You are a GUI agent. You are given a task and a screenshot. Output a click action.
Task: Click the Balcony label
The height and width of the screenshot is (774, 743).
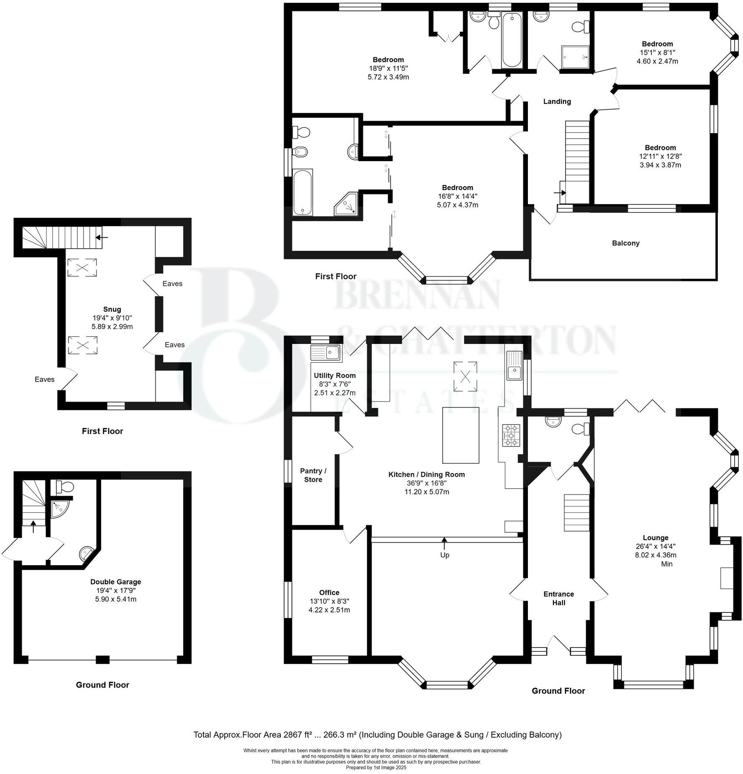[x=625, y=243]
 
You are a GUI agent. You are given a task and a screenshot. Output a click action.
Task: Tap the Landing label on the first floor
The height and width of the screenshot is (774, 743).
[x=557, y=101]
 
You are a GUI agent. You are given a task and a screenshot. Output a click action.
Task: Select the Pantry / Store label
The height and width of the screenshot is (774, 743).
[x=313, y=475]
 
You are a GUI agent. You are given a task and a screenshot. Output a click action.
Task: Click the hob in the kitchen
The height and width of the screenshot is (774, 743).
[x=511, y=435]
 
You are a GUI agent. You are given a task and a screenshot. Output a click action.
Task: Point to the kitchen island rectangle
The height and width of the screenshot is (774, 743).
[x=460, y=435]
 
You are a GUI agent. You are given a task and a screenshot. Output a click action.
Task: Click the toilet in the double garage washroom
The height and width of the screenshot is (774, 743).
[x=65, y=486]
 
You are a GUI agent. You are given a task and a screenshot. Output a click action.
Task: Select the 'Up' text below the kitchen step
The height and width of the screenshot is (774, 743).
[x=444, y=555]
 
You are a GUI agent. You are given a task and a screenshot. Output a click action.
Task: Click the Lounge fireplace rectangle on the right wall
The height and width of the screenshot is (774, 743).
[x=727, y=578]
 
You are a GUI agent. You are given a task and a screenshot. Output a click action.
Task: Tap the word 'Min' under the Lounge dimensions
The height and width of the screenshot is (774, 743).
[x=667, y=564]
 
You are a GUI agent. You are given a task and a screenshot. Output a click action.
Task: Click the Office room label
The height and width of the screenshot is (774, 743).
[x=329, y=592]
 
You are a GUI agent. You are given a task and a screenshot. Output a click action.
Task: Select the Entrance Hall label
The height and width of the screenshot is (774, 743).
[x=558, y=598]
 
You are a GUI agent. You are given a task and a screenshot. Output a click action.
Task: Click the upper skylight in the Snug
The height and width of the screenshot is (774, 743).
[x=82, y=268]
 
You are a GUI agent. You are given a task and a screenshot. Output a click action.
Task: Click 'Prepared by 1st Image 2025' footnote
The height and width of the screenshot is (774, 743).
[x=375, y=767]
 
